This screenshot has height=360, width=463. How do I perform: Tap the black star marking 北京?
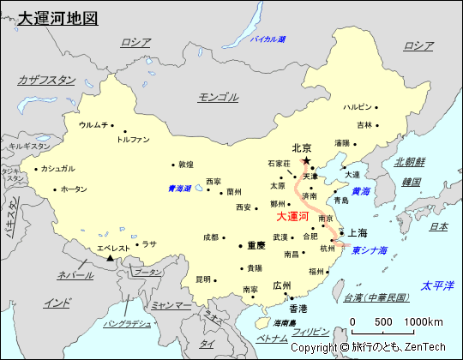click(306, 160)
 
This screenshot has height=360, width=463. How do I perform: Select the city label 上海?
click(358, 232)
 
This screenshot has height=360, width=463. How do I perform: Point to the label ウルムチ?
click(93, 125)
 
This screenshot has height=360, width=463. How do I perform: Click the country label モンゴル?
click(218, 97)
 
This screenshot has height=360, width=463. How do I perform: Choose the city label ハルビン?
click(358, 107)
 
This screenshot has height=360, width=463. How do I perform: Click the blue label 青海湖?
click(178, 188)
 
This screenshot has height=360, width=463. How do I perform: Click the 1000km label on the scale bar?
click(426, 321)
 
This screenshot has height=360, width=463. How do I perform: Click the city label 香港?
click(298, 308)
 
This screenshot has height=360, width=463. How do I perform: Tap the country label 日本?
click(438, 226)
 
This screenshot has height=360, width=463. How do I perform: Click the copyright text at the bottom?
click(368, 348)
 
